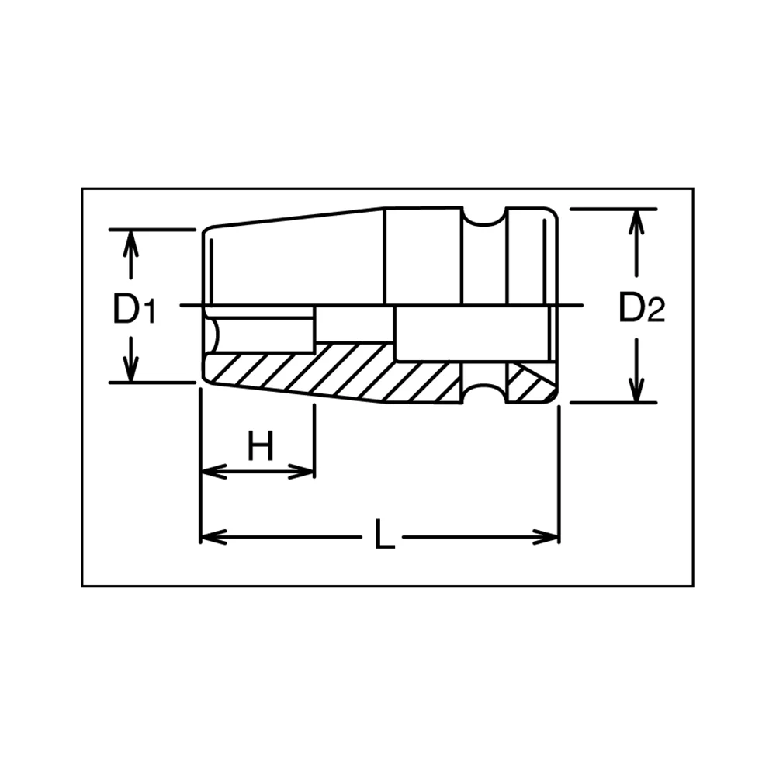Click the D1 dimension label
134,309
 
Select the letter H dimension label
260,445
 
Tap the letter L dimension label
385,534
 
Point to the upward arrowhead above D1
130,244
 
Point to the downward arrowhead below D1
130,369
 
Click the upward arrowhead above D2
636,222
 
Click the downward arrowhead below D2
636,389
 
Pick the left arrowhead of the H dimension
214,472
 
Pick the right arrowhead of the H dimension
301,472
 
